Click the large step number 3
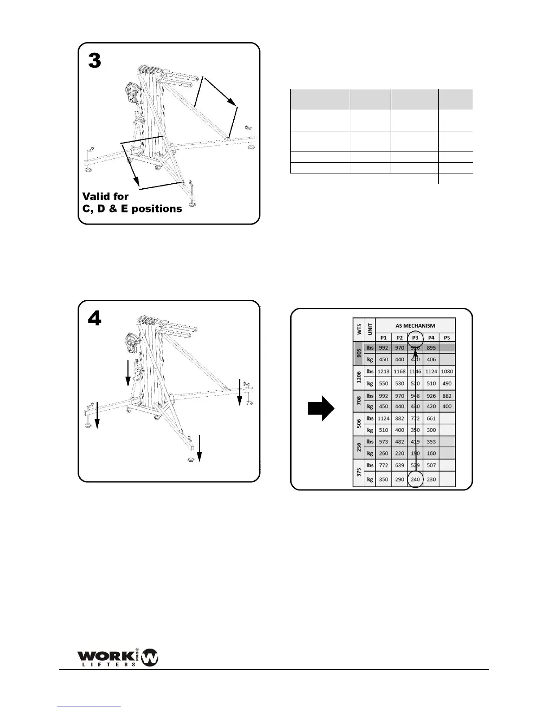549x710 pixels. click(95, 61)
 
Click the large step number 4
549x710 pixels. click(95, 319)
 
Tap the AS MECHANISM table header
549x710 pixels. click(415, 326)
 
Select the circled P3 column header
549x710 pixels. click(415, 338)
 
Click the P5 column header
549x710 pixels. click(447, 338)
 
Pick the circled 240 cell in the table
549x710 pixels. click(415, 479)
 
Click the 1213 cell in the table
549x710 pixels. click(383, 372)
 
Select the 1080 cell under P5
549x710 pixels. click(447, 372)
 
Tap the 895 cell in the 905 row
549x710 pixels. click(431, 348)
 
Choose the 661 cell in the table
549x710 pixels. click(431, 419)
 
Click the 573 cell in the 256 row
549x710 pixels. click(383, 442)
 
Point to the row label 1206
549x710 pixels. click(358, 377)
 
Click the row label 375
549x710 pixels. click(358, 473)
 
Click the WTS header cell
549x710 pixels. click(358, 331)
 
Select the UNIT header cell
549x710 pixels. click(370, 331)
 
